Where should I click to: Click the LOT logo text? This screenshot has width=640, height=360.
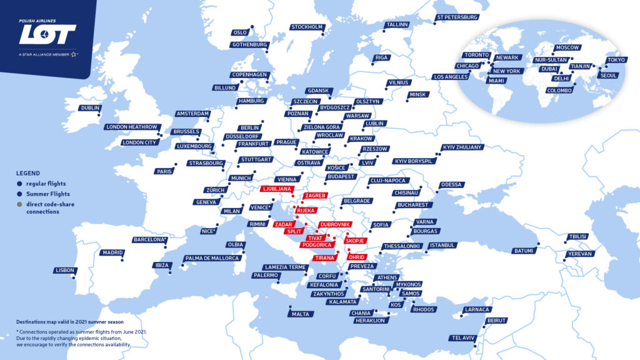click(x=47, y=34)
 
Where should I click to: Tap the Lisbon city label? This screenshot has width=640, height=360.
click(x=66, y=271)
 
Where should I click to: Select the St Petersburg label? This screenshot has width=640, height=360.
click(x=457, y=17)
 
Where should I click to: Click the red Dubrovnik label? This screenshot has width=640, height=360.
click(x=335, y=224)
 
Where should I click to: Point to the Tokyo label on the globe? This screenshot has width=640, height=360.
click(x=615, y=61)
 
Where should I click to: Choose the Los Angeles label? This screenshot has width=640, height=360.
click(x=451, y=77)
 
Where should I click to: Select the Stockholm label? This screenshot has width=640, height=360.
click(x=307, y=27)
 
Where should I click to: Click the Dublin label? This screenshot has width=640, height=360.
click(x=90, y=108)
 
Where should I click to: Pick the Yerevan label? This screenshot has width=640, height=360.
click(x=579, y=254)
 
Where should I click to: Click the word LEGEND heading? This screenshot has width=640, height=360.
click(x=28, y=173)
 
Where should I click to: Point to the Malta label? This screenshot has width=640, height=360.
click(x=300, y=314)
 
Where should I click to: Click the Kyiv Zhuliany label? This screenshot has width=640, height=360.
click(x=462, y=147)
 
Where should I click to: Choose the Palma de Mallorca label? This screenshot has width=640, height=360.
click(x=212, y=258)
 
